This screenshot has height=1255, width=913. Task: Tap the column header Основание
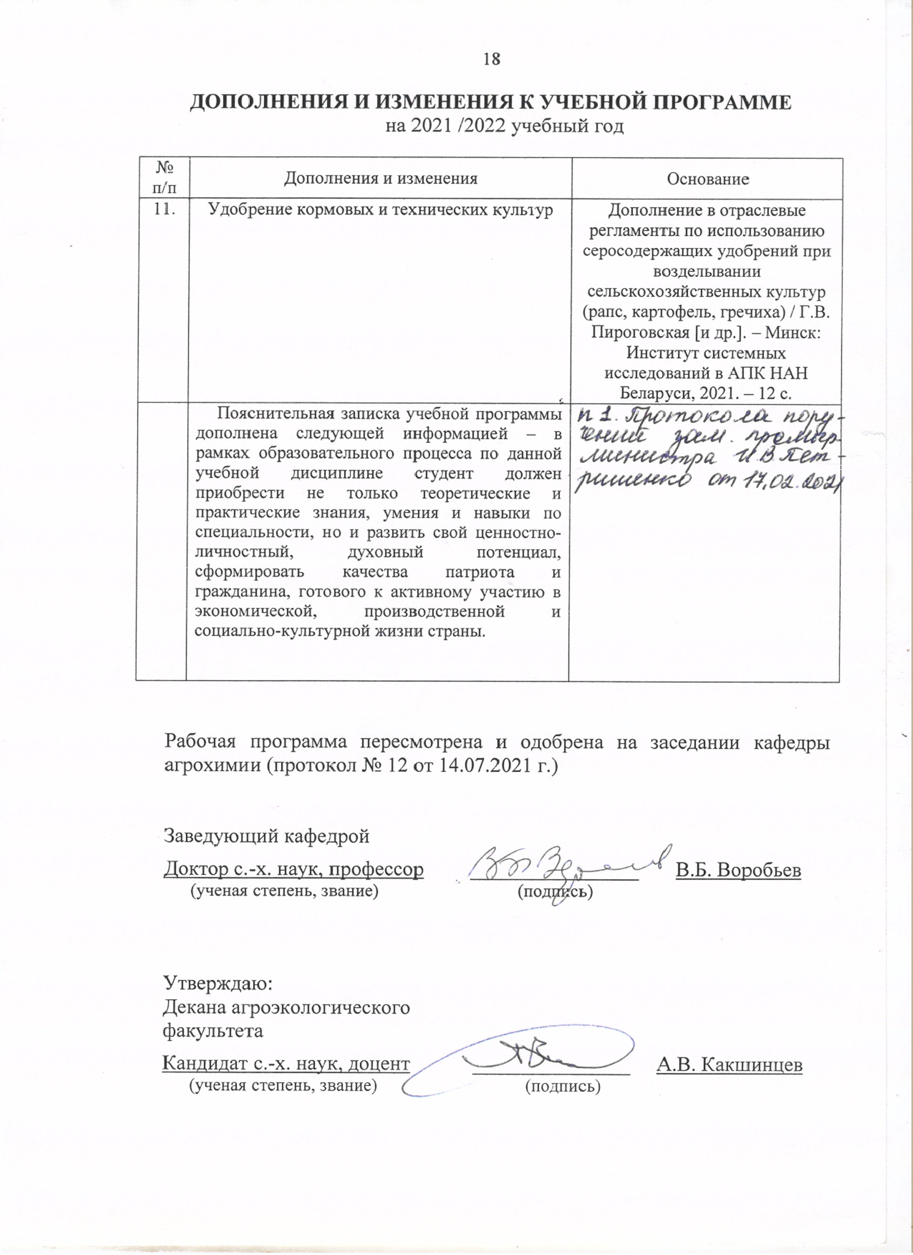pyautogui.click(x=707, y=179)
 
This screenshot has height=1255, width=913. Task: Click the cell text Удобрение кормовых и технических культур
pyautogui.click(x=380, y=210)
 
